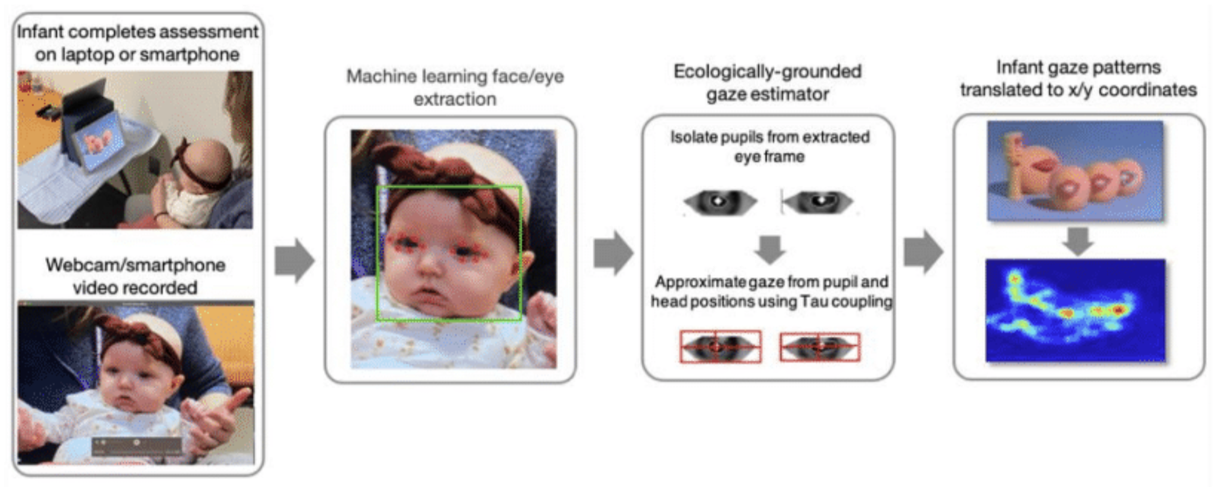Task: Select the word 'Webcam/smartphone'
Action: coord(135,265)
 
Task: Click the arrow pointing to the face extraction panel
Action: coord(294,260)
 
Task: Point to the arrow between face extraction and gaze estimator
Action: coord(613,253)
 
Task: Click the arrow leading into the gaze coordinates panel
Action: coord(923,252)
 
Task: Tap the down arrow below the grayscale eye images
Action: coord(770,249)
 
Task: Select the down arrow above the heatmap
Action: coord(1078,241)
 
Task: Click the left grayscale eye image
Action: coord(720,202)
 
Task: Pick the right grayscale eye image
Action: coord(818,202)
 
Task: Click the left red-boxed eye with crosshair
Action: coord(720,346)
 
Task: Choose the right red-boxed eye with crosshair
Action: coord(819,346)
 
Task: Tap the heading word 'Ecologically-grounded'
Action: coord(767,72)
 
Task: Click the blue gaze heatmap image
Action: coord(1075,311)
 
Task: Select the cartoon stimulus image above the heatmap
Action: coord(1075,170)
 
